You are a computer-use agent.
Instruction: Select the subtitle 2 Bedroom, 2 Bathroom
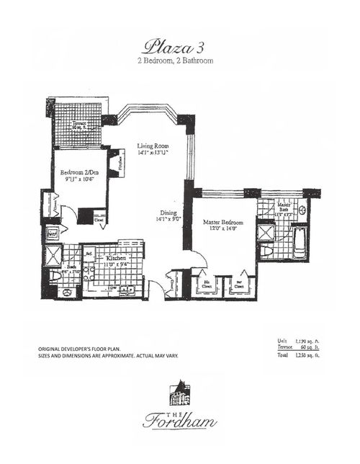pos(176,61)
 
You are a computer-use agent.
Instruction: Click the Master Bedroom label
pos(222,223)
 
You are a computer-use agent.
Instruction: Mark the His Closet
pos(206,284)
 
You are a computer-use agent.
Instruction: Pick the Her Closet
pos(238,284)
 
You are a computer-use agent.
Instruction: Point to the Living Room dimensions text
pos(153,153)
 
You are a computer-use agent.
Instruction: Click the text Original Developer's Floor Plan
pos(90,349)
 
